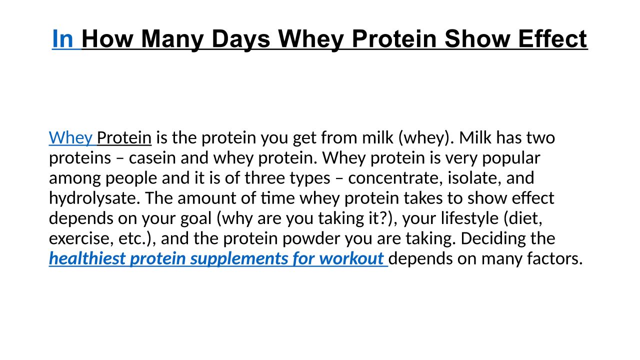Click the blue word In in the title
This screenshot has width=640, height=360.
pos(63,38)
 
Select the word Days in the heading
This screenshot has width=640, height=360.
pos(241,39)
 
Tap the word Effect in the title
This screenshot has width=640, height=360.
pos(552,38)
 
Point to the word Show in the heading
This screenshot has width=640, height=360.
pos(477,38)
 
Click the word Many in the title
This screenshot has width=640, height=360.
pos(172,39)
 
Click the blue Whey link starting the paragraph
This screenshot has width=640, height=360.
pos(70,138)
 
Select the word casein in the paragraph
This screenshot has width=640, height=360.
pos(152,157)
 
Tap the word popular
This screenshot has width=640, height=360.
pos(511,158)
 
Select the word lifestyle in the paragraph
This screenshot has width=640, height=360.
pos(469,218)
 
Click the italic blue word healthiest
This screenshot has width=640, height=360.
pos(87,259)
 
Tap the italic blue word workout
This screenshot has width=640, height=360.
pos(351,259)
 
